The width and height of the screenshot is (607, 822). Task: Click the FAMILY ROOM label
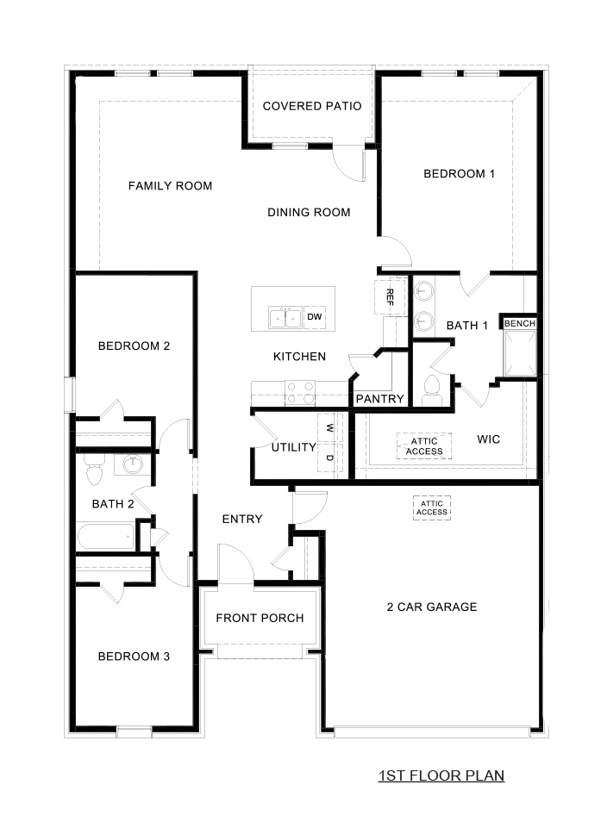[x=170, y=186]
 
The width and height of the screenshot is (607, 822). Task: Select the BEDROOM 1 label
[x=459, y=174]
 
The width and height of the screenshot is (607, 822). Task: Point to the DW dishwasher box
[x=315, y=318]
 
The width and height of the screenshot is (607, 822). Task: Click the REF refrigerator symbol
[x=390, y=297]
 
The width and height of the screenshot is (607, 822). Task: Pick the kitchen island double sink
[x=285, y=318]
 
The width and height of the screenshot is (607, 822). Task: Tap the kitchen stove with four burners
[x=300, y=393]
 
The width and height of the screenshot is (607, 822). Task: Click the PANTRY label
[x=379, y=399]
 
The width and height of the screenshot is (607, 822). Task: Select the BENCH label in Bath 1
[x=520, y=323]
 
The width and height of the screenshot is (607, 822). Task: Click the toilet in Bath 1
[x=433, y=389]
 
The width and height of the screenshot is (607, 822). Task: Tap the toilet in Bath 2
[x=94, y=470]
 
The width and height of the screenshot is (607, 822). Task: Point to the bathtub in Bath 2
[x=106, y=537]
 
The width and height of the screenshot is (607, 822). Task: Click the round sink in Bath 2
[x=132, y=465]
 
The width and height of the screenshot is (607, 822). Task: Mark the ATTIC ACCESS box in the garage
[x=432, y=508]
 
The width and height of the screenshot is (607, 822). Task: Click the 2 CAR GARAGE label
[x=431, y=607]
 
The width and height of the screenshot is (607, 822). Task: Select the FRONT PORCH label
[x=260, y=618]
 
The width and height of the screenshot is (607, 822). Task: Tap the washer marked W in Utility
[x=329, y=426]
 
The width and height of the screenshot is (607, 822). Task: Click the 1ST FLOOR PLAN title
[x=441, y=775]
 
